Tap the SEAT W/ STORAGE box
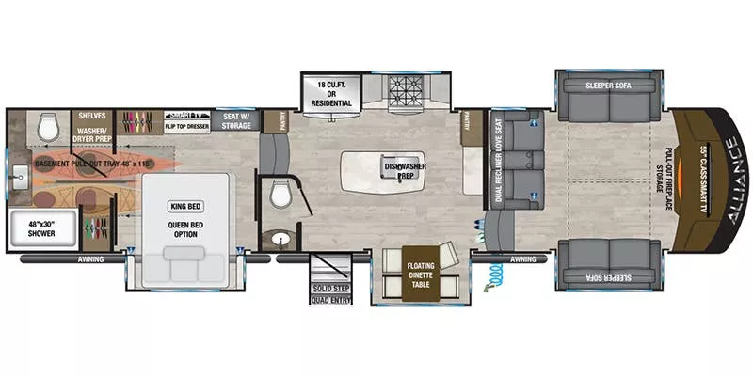[x=234, y=120]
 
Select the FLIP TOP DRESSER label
[x=186, y=124]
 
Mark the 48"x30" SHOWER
[x=41, y=228]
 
